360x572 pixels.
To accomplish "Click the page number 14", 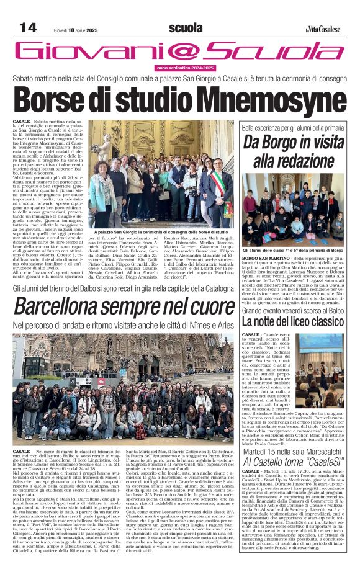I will coord(28,27).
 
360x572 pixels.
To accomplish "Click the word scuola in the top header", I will coord(185,27).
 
